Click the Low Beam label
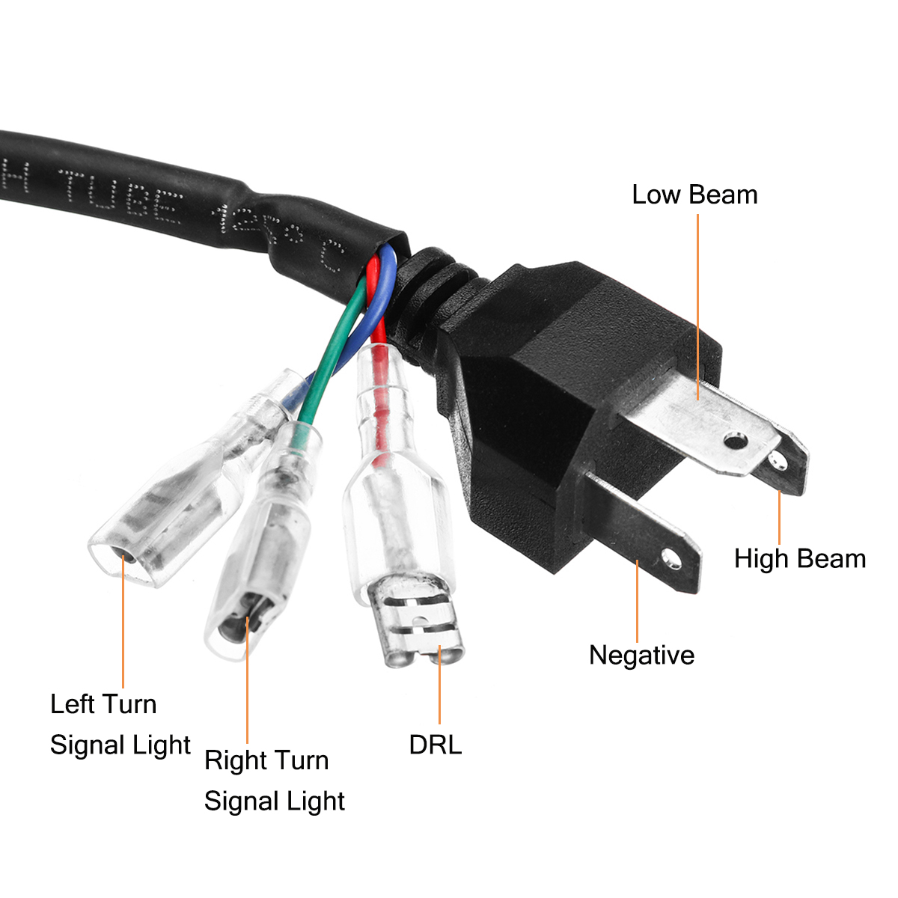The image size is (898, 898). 694,195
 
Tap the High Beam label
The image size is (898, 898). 799,558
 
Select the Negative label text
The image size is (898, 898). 641,655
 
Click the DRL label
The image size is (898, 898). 435,745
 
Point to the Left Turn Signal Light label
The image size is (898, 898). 120,724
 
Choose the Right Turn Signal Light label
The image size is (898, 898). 274,781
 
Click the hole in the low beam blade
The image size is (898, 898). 737,439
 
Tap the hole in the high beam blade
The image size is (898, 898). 776,459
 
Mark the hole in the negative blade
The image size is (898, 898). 670,558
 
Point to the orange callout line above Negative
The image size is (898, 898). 638,599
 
